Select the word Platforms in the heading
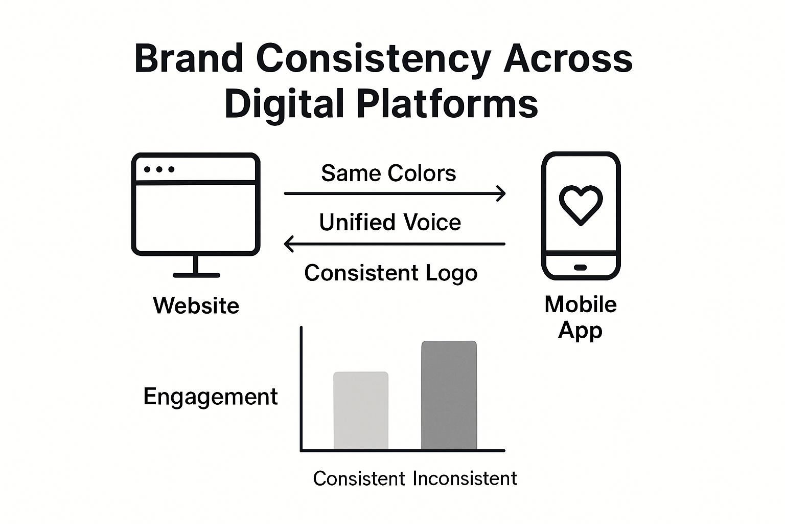tap(447, 104)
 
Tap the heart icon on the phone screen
tap(581, 205)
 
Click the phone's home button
tap(580, 267)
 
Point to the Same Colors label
tap(388, 173)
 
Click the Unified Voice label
tap(390, 223)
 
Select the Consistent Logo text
tap(391, 273)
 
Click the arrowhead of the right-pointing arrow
tap(501, 193)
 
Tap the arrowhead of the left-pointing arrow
tap(289, 244)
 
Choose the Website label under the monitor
tap(196, 305)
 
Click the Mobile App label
tap(581, 317)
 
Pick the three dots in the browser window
tap(159, 169)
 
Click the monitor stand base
tap(196, 275)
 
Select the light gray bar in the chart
tap(361, 410)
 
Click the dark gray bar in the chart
tap(449, 395)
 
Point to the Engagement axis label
tap(210, 397)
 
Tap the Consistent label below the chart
tap(359, 479)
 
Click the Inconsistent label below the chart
tap(465, 479)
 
